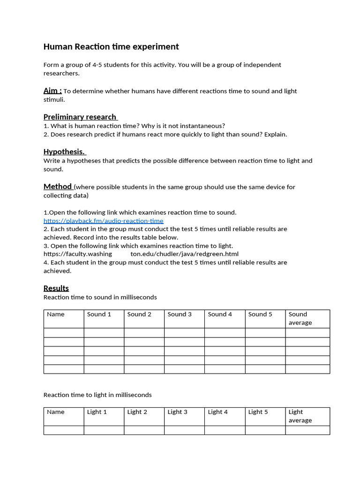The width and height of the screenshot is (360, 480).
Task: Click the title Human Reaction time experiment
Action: [x=111, y=46]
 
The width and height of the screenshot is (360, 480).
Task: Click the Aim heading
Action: [x=52, y=90]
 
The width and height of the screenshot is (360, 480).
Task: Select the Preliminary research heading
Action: [x=80, y=117]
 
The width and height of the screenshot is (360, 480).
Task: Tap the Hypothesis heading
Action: [x=65, y=151]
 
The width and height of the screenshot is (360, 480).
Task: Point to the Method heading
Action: [x=58, y=186]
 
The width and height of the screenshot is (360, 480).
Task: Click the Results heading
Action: [x=56, y=288]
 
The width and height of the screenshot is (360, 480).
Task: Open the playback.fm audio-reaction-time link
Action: [x=104, y=221]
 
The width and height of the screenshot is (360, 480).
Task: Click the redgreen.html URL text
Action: [x=184, y=254]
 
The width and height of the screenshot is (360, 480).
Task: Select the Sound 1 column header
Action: [x=99, y=314]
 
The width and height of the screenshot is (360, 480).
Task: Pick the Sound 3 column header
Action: [x=180, y=314]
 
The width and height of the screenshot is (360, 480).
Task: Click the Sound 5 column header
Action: [x=260, y=314]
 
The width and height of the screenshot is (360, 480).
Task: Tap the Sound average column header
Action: [x=300, y=318]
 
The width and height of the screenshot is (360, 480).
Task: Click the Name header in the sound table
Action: [x=56, y=314]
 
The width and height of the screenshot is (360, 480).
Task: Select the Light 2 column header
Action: [x=137, y=412]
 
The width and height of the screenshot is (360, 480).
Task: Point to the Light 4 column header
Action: [x=218, y=412]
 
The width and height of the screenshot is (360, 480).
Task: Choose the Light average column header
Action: [x=300, y=416]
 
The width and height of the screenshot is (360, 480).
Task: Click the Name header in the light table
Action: [x=56, y=412]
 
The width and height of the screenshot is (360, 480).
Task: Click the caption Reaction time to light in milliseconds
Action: [x=97, y=395]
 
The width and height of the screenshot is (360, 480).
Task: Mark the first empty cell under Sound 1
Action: [x=104, y=333]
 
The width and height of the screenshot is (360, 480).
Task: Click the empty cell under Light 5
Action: [x=265, y=430]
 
